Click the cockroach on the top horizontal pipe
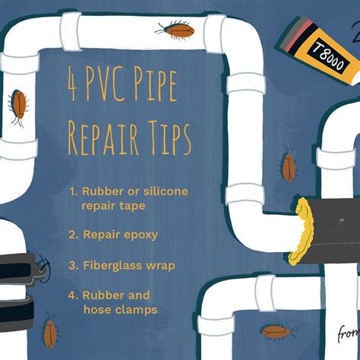[x=175, y=30]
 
